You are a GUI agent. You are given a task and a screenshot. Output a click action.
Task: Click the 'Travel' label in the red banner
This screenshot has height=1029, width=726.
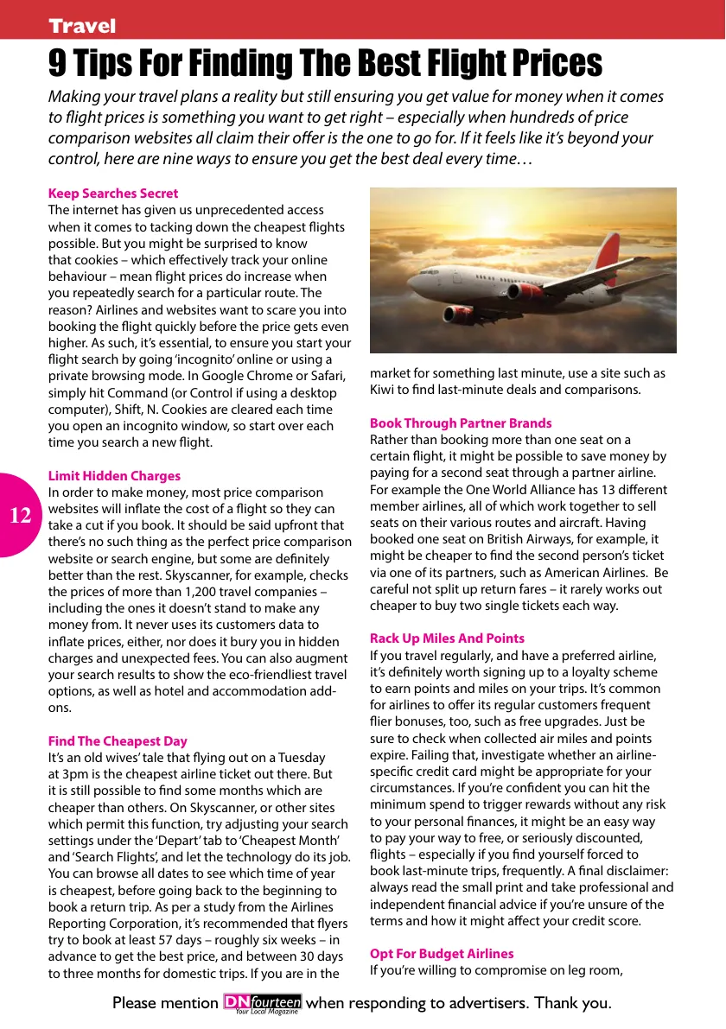point(82,26)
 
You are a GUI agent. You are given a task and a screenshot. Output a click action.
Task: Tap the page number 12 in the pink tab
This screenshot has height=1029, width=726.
point(21,517)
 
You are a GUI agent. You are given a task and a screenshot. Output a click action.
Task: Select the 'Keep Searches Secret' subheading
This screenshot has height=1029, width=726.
point(113,194)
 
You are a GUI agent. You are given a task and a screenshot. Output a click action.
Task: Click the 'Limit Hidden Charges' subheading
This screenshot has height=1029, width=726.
point(114,476)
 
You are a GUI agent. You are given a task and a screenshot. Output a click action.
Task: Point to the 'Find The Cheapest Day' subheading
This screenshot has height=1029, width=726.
point(118,741)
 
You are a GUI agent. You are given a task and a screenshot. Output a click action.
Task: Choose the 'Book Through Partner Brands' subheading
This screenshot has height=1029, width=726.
point(461,423)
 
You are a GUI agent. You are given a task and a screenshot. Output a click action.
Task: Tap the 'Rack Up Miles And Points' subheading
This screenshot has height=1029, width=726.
point(447,638)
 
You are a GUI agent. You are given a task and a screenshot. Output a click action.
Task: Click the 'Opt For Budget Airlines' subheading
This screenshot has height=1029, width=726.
point(442,954)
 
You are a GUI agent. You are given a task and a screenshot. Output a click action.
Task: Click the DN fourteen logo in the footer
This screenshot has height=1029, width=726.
point(263,1003)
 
